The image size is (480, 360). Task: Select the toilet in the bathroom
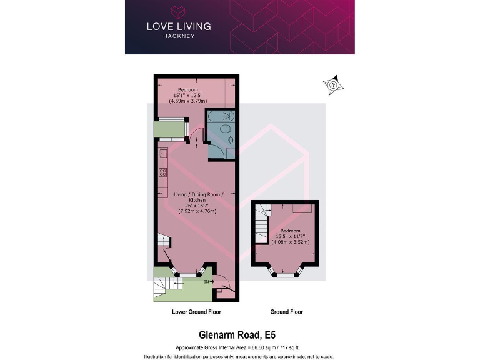229,139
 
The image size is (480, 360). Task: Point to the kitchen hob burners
162,172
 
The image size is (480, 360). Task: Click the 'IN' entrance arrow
208,282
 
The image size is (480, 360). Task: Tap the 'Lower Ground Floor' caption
196,312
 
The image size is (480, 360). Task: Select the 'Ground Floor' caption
286,312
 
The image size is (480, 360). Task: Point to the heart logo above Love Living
178,11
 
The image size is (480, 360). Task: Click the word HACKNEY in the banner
178,37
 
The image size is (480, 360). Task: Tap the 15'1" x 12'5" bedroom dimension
187,95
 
